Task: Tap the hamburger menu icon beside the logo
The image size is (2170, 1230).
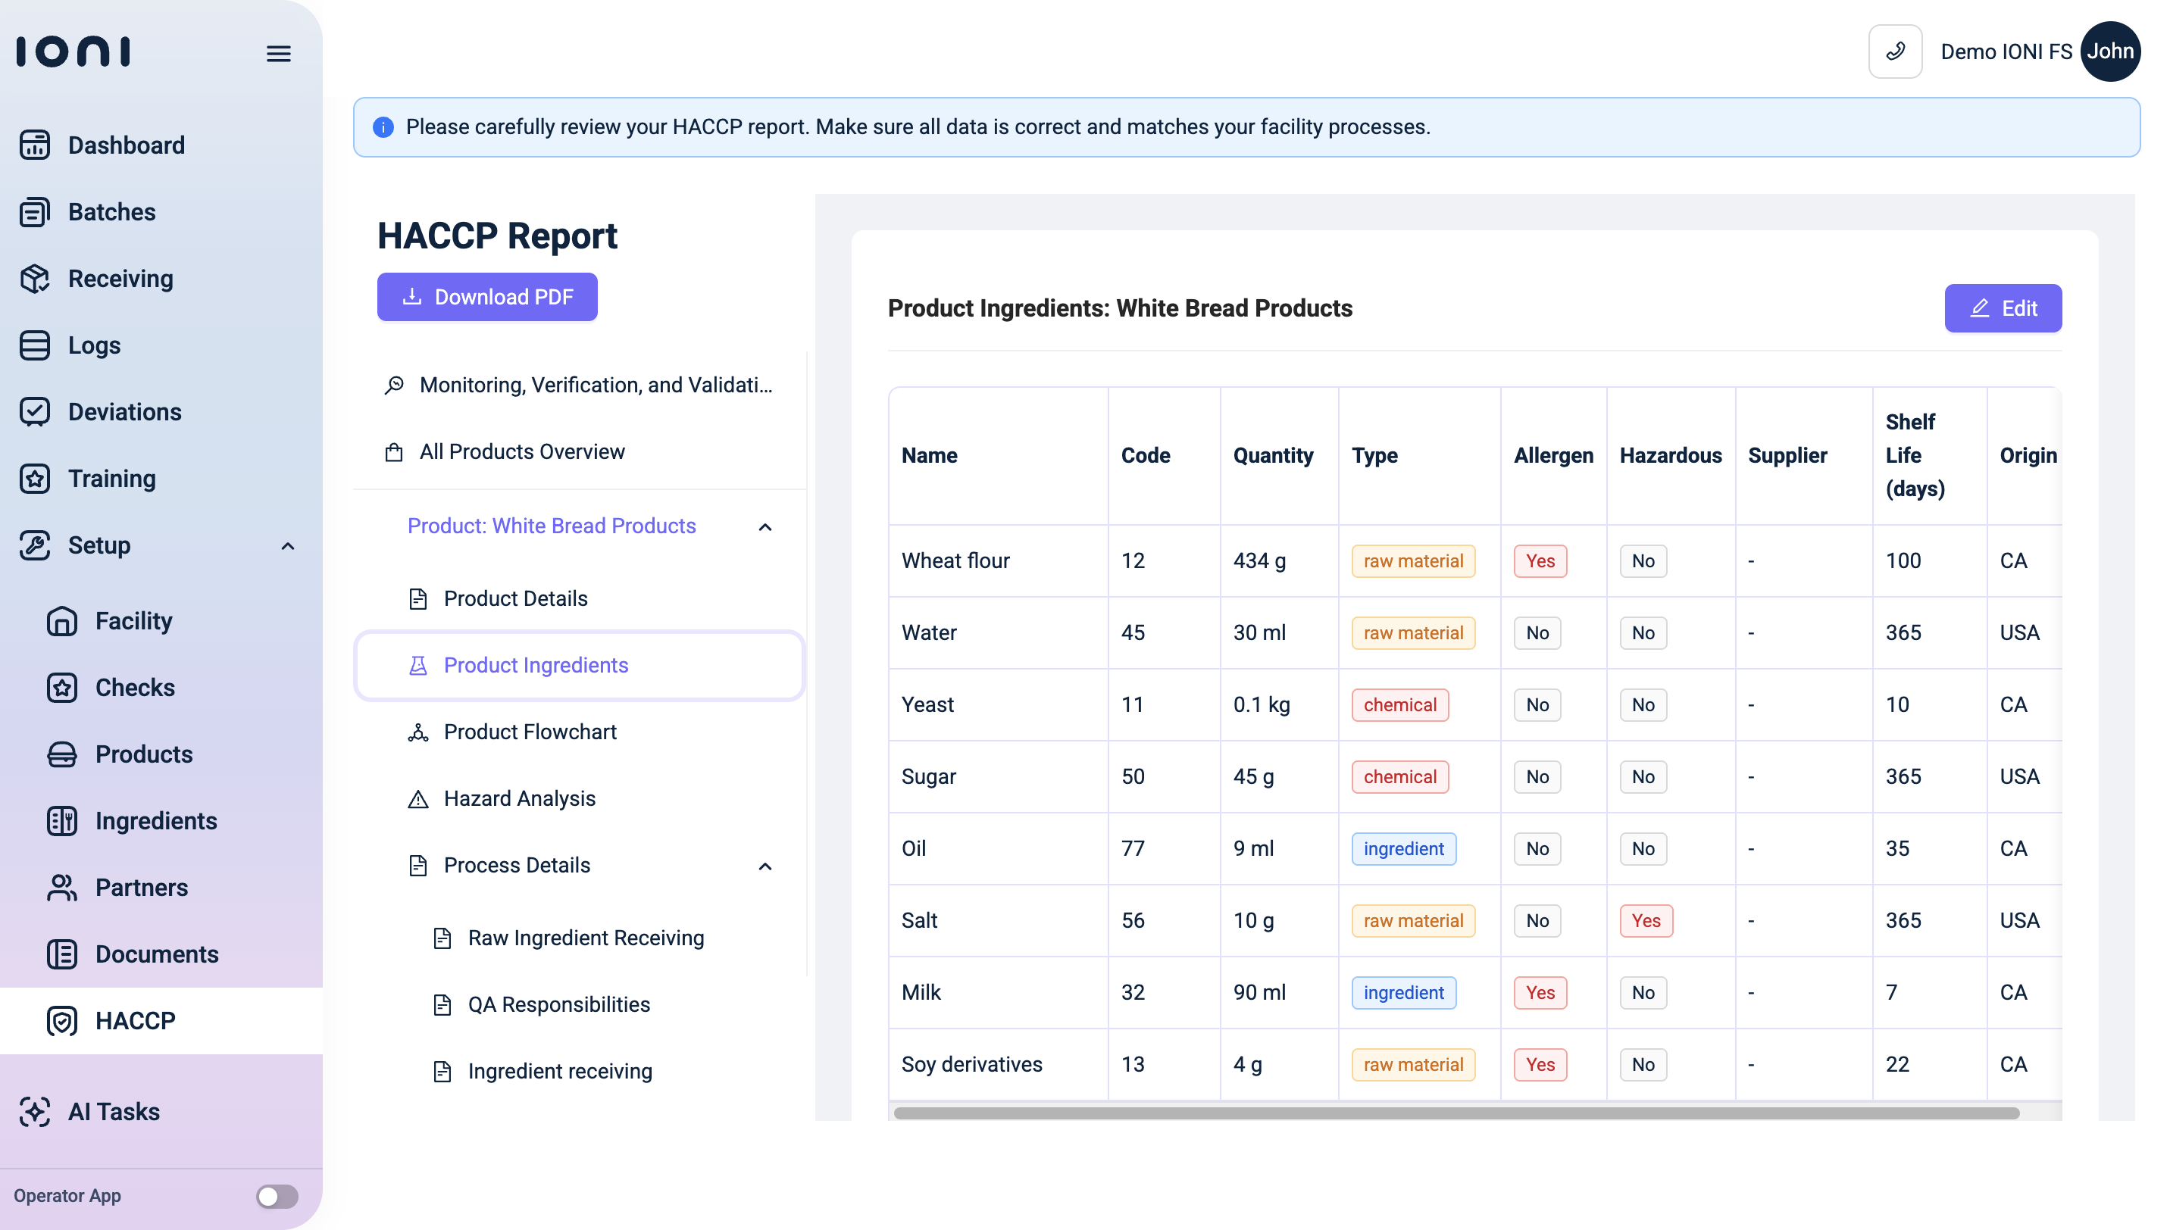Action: tap(279, 54)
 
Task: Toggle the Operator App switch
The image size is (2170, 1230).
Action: tap(277, 1196)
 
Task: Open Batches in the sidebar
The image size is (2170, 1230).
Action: tap(111, 212)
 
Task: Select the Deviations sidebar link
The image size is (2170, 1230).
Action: tap(124, 412)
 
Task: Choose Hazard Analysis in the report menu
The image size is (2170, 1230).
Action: tap(519, 798)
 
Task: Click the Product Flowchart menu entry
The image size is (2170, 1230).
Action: tap(530, 732)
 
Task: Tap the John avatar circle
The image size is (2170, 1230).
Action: tap(2110, 52)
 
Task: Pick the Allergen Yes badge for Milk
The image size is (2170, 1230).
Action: tap(1540, 993)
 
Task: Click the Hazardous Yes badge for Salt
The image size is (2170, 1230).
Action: tap(1645, 921)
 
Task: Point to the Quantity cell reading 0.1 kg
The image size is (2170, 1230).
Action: tap(1261, 704)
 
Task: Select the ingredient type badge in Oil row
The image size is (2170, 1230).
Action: tap(1402, 849)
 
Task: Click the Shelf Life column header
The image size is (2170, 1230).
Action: tap(1914, 455)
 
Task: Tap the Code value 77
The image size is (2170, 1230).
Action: tap(1132, 849)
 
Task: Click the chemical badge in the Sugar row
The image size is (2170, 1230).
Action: tap(1399, 777)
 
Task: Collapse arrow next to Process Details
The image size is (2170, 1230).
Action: tap(765, 866)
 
